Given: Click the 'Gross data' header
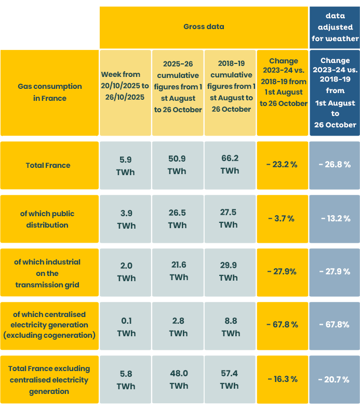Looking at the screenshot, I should click(x=204, y=27).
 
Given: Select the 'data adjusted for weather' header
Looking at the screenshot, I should click(x=335, y=28).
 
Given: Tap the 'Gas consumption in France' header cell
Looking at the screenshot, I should click(x=50, y=92).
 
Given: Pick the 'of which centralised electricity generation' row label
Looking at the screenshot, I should click(x=49, y=325).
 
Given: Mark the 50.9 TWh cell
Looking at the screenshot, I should click(x=178, y=165).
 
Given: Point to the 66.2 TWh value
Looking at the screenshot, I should click(x=230, y=165).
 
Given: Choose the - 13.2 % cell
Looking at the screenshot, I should click(x=335, y=218).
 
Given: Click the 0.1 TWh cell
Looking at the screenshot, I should click(x=126, y=327).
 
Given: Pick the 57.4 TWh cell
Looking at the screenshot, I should click(x=230, y=379).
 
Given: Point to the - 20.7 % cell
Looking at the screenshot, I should click(x=334, y=379).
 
